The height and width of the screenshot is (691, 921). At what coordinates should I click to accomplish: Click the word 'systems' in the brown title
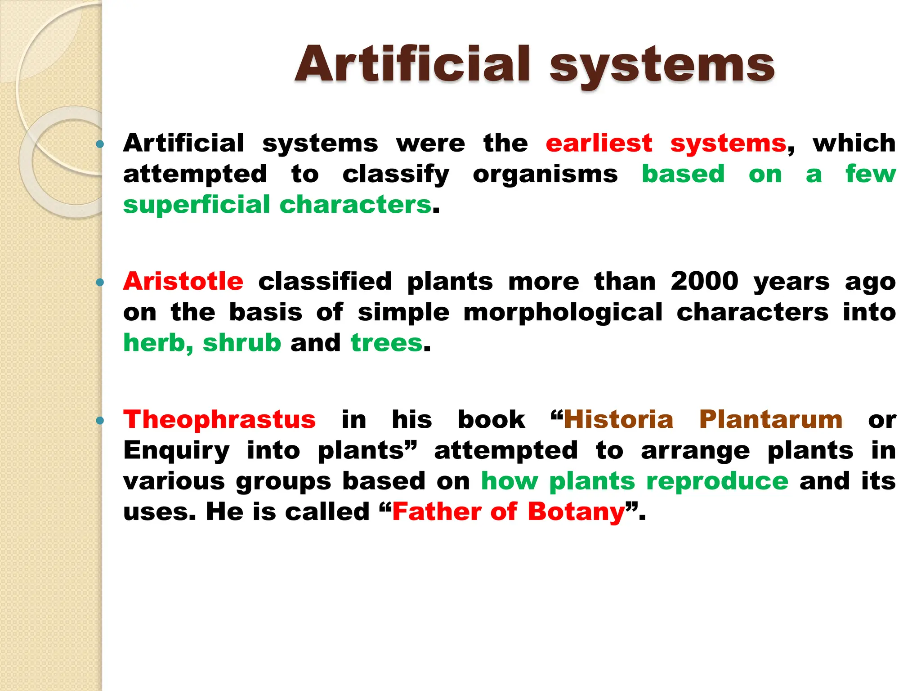pyautogui.click(x=662, y=67)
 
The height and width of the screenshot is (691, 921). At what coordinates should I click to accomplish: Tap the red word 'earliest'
pyautogui.click(x=599, y=144)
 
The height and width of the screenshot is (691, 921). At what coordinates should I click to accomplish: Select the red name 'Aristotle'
pyautogui.click(x=183, y=282)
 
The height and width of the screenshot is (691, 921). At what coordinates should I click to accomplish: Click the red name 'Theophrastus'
pyautogui.click(x=219, y=420)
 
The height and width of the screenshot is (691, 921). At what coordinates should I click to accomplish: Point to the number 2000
pyautogui.click(x=704, y=282)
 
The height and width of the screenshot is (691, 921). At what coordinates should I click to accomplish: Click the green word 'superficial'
pyautogui.click(x=196, y=205)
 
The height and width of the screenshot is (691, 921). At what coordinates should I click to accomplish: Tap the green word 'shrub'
pyautogui.click(x=242, y=343)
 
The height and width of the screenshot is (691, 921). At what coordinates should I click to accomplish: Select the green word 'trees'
pyautogui.click(x=386, y=343)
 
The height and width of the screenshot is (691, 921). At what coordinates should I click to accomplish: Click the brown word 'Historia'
pyautogui.click(x=618, y=420)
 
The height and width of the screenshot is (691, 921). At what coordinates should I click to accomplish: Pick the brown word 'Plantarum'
pyautogui.click(x=770, y=420)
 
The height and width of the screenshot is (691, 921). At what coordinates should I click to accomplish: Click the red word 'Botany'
pyautogui.click(x=576, y=512)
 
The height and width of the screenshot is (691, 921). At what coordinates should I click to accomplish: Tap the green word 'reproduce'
pyautogui.click(x=717, y=481)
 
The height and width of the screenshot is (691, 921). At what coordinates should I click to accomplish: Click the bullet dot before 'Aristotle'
pyautogui.click(x=100, y=283)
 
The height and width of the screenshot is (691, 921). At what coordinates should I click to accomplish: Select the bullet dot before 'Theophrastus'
pyautogui.click(x=100, y=421)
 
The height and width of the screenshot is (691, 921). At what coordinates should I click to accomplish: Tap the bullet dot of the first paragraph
pyautogui.click(x=100, y=144)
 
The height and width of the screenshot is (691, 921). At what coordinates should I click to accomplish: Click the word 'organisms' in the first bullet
pyautogui.click(x=545, y=175)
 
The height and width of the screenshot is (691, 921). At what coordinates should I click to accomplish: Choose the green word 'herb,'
pyautogui.click(x=158, y=343)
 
